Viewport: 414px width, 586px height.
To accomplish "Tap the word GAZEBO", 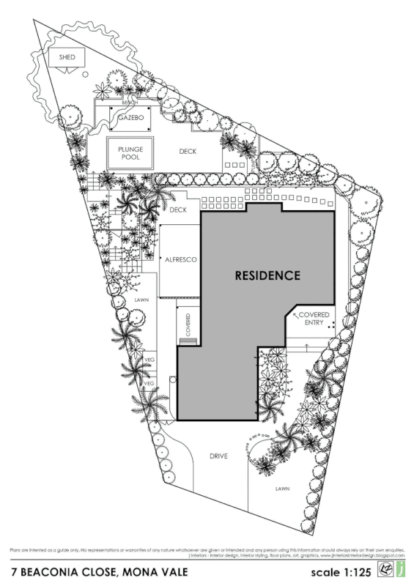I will pos(131,117).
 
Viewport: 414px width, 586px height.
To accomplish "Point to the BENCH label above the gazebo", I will pos(130,103).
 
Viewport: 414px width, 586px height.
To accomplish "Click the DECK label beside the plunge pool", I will pos(189,152).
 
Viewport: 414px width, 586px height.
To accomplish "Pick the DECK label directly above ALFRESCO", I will pos(179,210).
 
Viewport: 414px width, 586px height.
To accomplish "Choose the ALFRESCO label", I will pos(180,260).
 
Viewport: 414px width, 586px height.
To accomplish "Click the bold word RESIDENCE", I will pos(267,276).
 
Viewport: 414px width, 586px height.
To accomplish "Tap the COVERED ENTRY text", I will pos(314,318).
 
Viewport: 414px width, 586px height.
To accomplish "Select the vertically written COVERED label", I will pos(188,323).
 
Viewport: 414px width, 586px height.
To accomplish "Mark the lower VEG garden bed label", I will pos(148,383).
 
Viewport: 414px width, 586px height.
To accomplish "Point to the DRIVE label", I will pos(218,456).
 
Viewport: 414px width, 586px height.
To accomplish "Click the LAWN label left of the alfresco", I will pos(141,300).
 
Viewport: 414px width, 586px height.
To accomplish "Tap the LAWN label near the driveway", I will pos(283,488).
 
